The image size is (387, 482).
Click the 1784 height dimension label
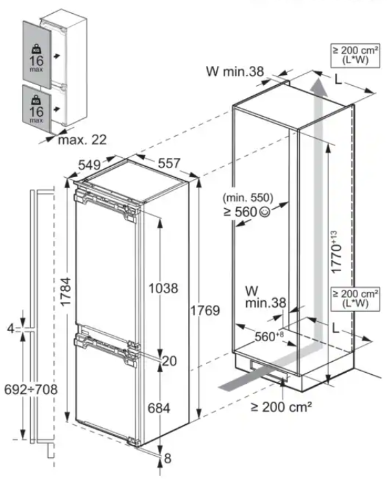[65, 292]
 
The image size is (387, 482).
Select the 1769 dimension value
[205, 310]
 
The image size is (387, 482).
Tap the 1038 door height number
[163, 288]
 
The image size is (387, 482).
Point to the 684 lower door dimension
[159, 409]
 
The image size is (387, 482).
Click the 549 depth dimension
[89, 165]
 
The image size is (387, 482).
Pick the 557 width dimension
[169, 163]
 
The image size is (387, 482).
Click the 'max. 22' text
[82, 140]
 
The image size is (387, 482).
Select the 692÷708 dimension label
[31, 390]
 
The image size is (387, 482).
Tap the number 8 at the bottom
[167, 459]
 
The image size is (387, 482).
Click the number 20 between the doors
[169, 361]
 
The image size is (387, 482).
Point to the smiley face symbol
[265, 211]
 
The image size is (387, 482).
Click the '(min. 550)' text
[248, 198]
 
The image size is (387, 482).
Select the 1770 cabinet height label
[336, 252]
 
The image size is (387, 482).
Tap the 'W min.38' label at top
[235, 71]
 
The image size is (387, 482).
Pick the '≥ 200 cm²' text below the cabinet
[281, 407]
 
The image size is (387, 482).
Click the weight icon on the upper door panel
[36, 49]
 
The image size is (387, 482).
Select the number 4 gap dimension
[11, 329]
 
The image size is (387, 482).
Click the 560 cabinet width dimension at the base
[270, 336]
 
